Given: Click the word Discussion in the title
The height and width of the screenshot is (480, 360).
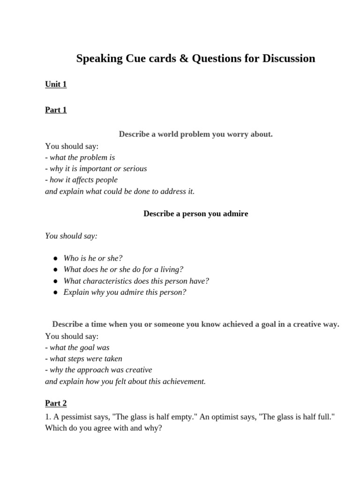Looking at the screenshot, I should point(289,59).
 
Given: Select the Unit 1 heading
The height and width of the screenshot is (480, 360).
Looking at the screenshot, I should point(56,84).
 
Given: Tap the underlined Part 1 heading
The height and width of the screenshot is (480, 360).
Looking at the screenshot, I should point(56,110).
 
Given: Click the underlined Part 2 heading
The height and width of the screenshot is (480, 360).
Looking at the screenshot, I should point(56,403).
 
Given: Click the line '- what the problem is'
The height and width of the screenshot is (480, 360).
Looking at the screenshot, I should point(80,157).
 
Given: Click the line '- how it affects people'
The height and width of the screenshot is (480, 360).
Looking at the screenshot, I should point(82,180).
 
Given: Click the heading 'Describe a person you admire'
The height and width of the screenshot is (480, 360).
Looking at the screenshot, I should point(195,214).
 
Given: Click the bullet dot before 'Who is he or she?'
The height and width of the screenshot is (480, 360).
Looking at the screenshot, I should point(55,258).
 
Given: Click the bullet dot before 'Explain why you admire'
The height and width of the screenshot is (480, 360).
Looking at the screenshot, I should point(55,292).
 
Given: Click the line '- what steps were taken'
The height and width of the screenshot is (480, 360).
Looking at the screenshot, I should point(84,359).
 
